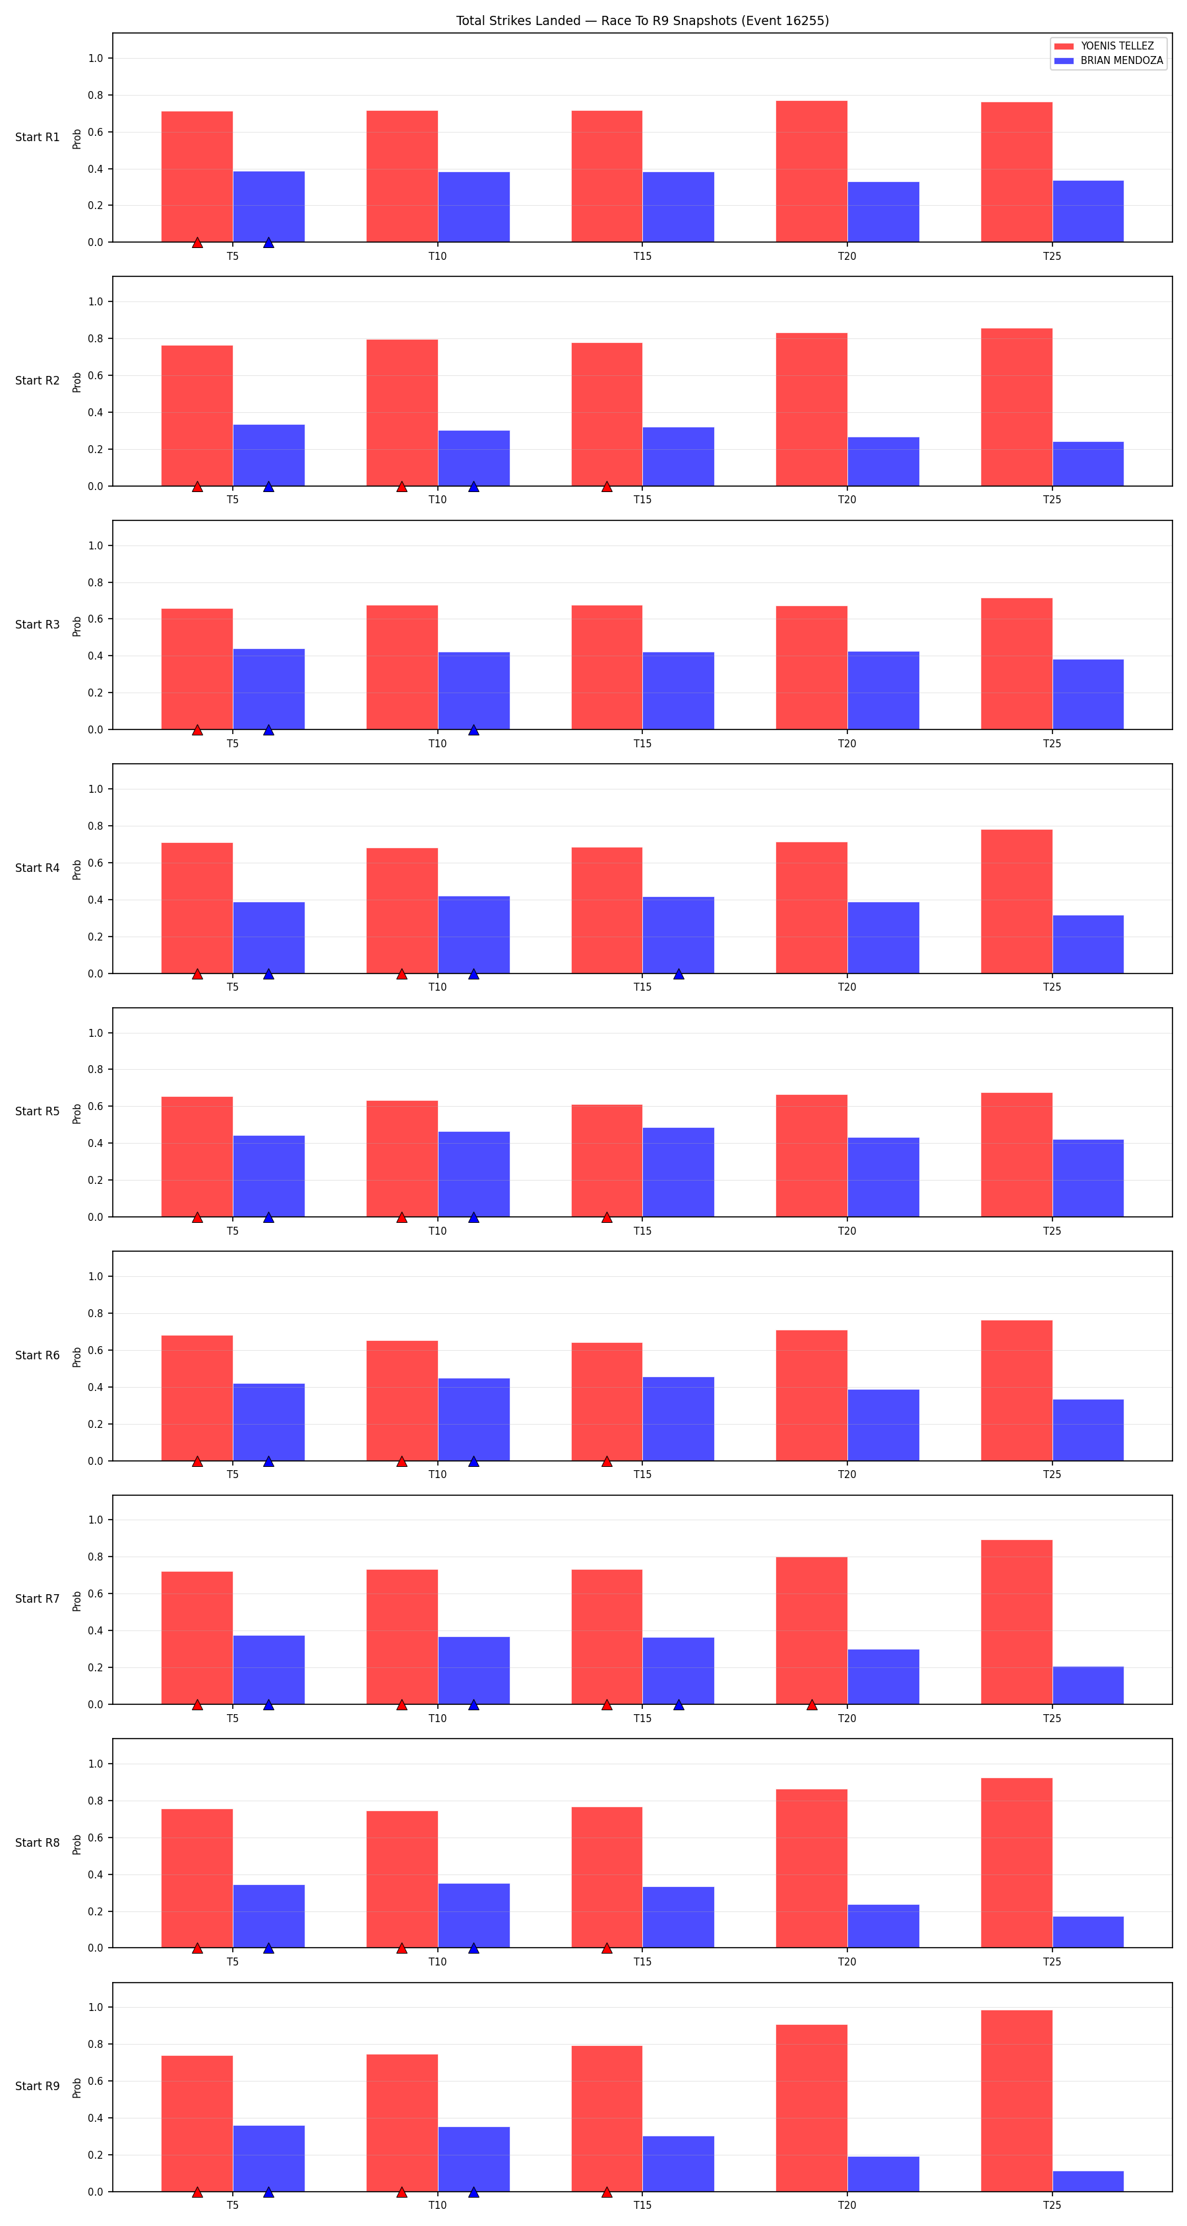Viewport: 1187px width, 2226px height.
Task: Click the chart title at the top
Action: coord(642,20)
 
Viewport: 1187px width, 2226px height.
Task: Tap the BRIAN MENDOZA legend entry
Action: coord(1109,61)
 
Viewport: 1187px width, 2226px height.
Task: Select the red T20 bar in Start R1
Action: coord(811,171)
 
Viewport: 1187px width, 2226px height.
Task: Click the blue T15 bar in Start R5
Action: coord(678,1172)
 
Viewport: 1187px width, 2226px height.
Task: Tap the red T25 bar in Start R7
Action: coord(1016,1622)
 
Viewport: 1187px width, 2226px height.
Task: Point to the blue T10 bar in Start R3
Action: coord(473,691)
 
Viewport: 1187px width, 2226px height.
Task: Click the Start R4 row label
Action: coord(37,867)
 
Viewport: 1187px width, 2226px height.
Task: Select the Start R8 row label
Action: coord(37,1842)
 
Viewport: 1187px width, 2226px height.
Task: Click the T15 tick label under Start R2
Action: coord(642,499)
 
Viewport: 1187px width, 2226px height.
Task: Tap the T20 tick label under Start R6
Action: coord(847,1474)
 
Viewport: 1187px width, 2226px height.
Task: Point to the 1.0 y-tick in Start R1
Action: coord(95,58)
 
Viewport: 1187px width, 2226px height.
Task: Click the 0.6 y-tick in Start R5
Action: coord(95,1106)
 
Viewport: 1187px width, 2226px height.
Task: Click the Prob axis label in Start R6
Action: coord(77,1357)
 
